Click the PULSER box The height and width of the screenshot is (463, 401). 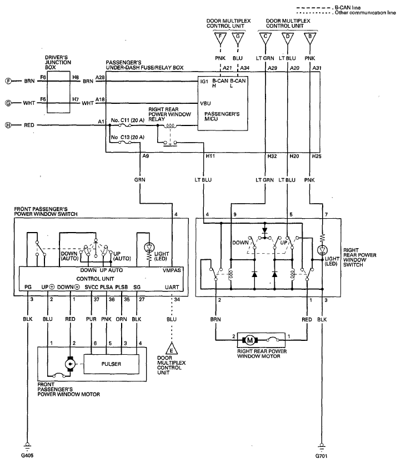coord(112,364)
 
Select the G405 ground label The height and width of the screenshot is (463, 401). coord(27,455)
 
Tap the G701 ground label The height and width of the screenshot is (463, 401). coord(321,456)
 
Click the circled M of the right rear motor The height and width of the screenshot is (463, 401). coord(250,340)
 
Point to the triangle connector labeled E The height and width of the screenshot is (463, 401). coord(172,349)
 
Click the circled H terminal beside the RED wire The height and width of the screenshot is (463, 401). coord(8,125)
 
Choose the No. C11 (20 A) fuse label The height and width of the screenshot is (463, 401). coord(128,120)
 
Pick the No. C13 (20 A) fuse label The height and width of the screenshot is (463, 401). coord(128,137)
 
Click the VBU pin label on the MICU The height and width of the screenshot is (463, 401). coord(205,103)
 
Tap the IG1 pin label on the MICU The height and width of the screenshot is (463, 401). coord(204,81)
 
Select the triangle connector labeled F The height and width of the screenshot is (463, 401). coord(220,38)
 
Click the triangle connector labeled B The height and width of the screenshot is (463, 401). coord(310,38)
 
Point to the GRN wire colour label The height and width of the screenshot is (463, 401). coord(140,179)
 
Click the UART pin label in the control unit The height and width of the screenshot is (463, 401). coord(172,287)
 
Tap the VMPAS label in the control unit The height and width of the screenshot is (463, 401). coord(172,270)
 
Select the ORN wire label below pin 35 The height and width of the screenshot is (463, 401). coord(121,319)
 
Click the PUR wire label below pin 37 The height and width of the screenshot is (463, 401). coord(91,319)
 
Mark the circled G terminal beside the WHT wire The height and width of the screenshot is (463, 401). coord(8,103)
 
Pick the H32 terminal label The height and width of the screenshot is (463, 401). coord(272,156)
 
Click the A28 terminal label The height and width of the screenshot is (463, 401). coord(100,77)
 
